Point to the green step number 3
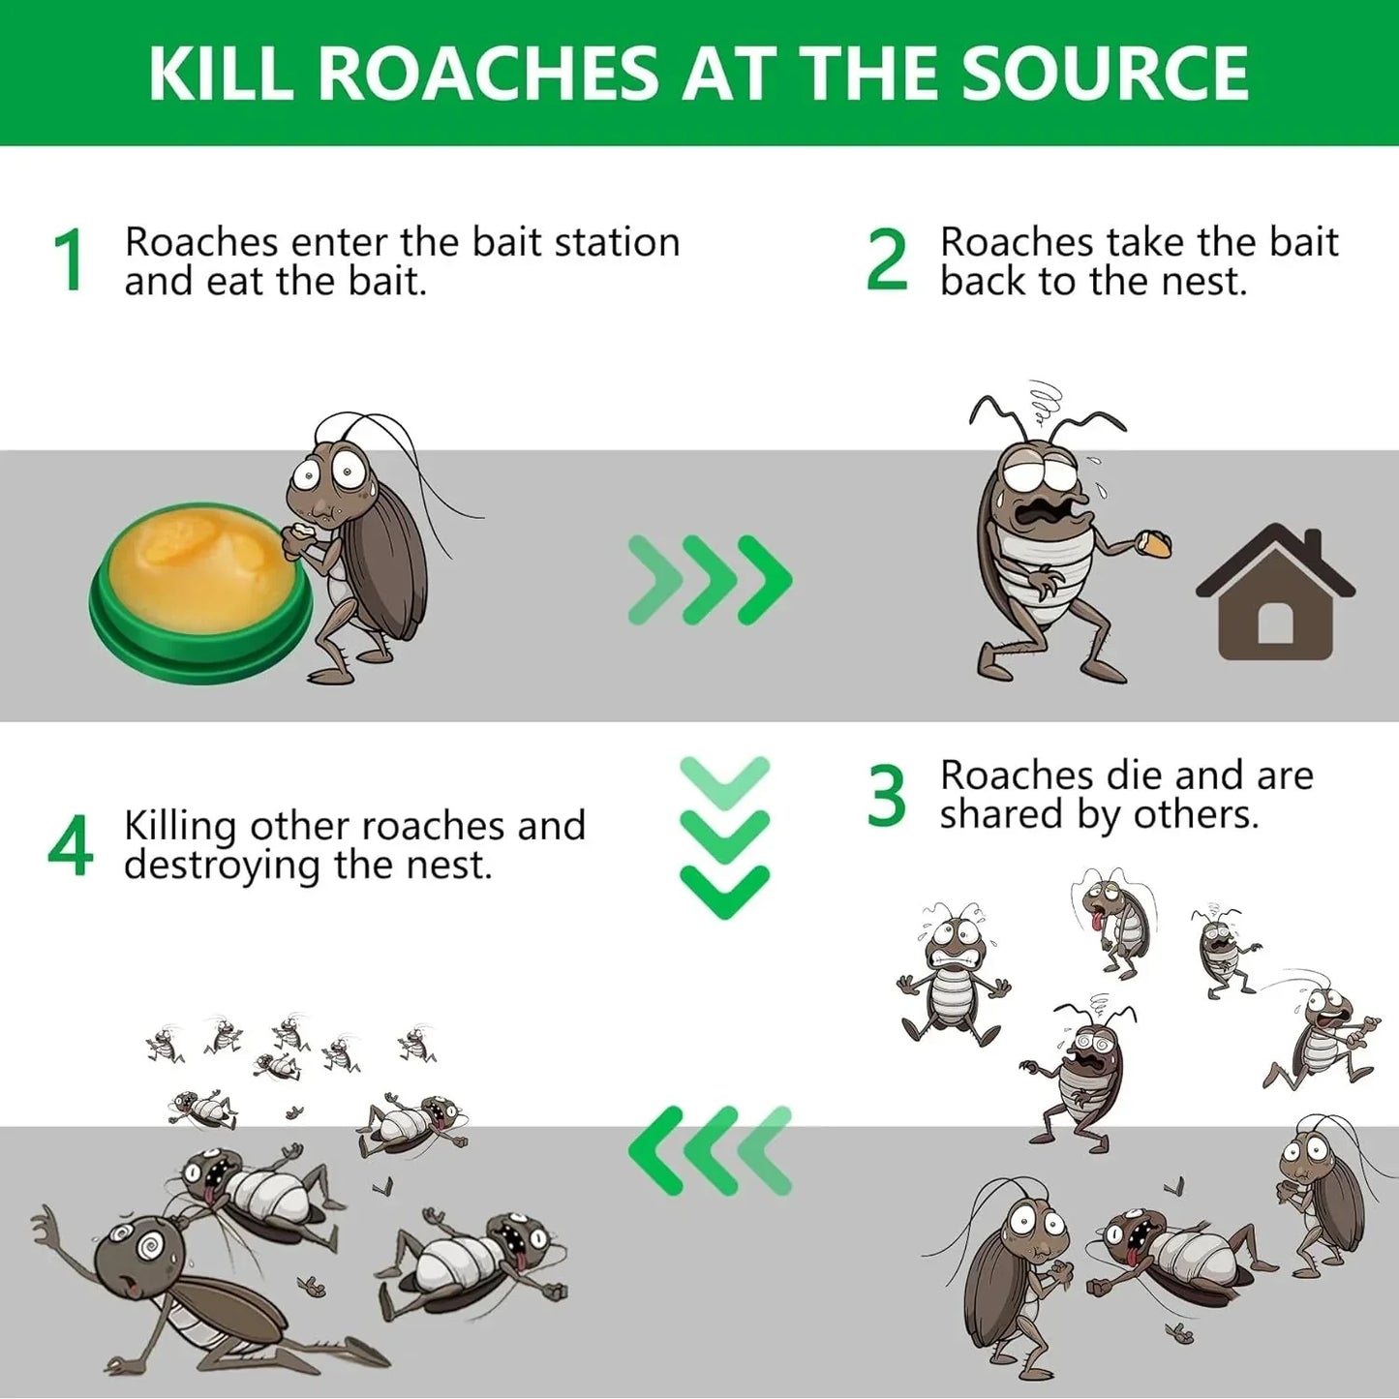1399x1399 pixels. pos(886,796)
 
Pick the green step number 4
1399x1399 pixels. pos(70,845)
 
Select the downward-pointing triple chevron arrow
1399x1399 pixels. pos(724,837)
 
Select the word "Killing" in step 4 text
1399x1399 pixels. pos(180,826)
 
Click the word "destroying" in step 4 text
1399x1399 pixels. pos(222,866)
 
